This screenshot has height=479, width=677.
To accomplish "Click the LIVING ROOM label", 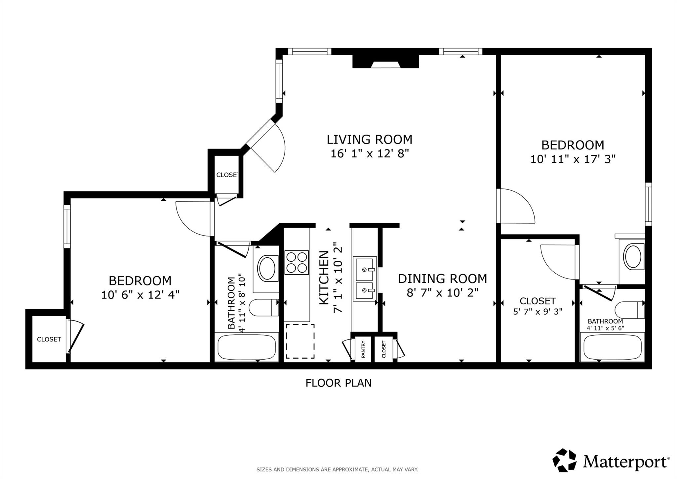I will point(369,139).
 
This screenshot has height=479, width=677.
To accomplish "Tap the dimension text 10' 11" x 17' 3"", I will point(573,159).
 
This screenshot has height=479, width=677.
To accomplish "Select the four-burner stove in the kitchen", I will point(297,262).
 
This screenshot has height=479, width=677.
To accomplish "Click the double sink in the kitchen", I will point(365,279).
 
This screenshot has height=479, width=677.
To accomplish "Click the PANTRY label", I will point(363,349).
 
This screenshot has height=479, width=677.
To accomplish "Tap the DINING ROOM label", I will point(442,279).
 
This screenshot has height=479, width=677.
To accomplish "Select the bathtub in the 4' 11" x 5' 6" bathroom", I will point(613,347).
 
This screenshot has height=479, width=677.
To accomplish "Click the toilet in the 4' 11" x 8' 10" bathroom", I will point(263,308).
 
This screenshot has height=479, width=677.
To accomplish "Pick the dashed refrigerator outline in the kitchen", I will point(300,341).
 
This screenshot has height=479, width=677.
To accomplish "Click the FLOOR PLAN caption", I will point(338,383).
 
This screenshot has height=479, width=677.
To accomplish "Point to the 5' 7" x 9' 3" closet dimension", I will point(538,312).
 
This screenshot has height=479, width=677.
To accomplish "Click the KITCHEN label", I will point(324,278).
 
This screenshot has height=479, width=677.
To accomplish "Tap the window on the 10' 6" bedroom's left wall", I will point(67,226).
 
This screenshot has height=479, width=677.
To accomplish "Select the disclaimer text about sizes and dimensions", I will point(337,469).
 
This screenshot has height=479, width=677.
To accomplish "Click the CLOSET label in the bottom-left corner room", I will point(49,339).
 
